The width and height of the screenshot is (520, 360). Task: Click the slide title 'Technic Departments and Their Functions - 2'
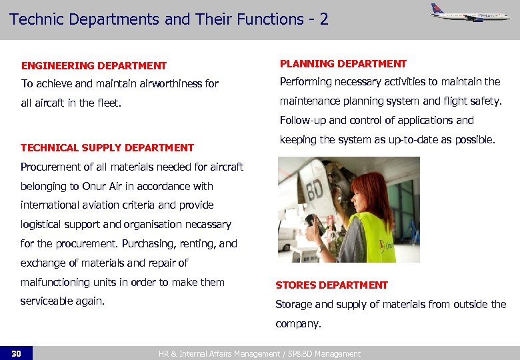coord(169,19)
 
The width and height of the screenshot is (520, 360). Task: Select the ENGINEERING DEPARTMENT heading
coord(94,65)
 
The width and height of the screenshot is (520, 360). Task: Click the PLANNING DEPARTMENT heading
coord(343,64)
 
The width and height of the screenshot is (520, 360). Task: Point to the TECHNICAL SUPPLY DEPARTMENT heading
coord(107,147)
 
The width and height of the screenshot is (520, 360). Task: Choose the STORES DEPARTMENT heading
coord(331,285)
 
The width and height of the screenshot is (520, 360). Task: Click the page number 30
coord(16,353)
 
